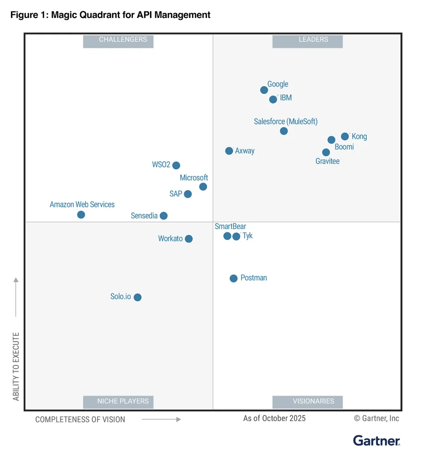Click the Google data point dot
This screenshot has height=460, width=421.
(264, 90)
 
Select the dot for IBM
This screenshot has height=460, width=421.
(273, 99)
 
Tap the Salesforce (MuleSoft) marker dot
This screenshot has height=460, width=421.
(284, 131)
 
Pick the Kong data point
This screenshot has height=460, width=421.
(345, 137)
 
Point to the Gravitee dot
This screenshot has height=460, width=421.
(326, 152)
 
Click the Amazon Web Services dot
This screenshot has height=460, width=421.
(81, 215)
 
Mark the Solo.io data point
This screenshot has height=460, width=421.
(138, 297)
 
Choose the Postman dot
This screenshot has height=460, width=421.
(234, 278)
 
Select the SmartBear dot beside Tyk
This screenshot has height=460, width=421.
(227, 236)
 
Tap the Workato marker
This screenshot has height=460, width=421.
(189, 239)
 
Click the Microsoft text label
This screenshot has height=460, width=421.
(194, 178)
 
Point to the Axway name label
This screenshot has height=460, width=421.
(245, 151)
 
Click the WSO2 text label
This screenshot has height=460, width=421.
(161, 165)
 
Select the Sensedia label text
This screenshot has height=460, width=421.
(144, 216)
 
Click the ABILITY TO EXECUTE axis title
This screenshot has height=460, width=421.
(16, 367)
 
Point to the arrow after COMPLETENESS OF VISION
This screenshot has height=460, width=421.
(161, 420)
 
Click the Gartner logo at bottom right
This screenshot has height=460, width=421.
(376, 441)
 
